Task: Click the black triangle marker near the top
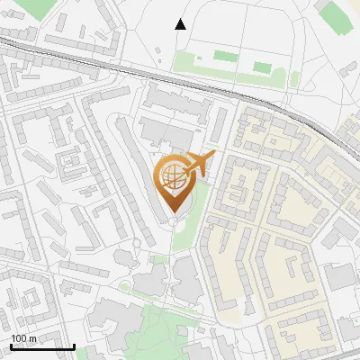tap(180, 24)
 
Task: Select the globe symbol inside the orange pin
tap(171, 177)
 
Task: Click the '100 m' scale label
tap(23, 338)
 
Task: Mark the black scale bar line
tap(41, 346)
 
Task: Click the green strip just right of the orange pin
tap(202, 207)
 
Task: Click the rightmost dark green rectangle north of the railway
tap(262, 67)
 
